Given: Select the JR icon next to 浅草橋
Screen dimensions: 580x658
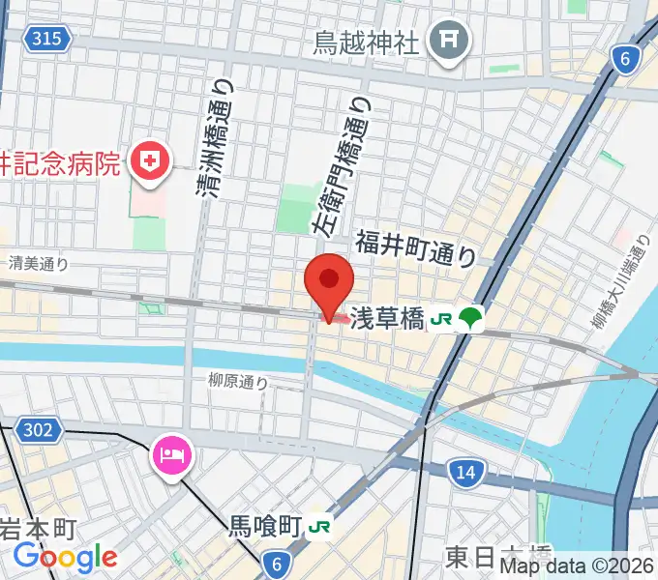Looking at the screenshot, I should pyautogui.click(x=442, y=317).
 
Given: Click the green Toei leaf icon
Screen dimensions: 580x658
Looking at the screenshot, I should pyautogui.click(x=470, y=317).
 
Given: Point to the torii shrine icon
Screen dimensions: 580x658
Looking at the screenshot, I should pyautogui.click(x=450, y=41).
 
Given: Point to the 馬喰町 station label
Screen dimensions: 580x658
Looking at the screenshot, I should pyautogui.click(x=264, y=527).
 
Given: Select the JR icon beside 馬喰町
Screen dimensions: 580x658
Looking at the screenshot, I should pyautogui.click(x=319, y=528).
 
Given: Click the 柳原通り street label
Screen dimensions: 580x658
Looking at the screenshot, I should pyautogui.click(x=237, y=383).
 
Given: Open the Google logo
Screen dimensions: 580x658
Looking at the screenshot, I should pyautogui.click(x=66, y=557).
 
